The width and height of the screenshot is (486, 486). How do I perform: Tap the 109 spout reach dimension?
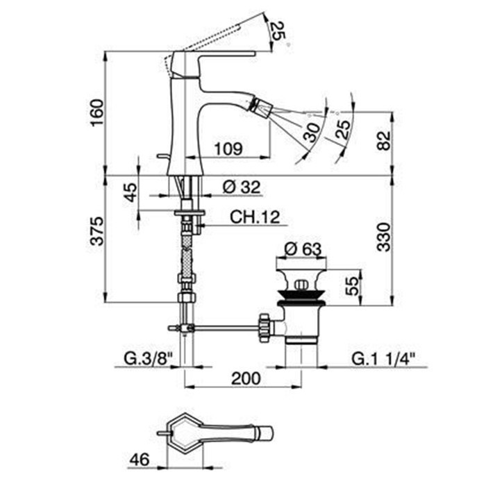click(x=228, y=148)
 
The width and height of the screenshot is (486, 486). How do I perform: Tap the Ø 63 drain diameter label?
click(x=302, y=248)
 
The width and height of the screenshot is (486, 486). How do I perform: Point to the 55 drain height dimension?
click(x=353, y=285)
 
